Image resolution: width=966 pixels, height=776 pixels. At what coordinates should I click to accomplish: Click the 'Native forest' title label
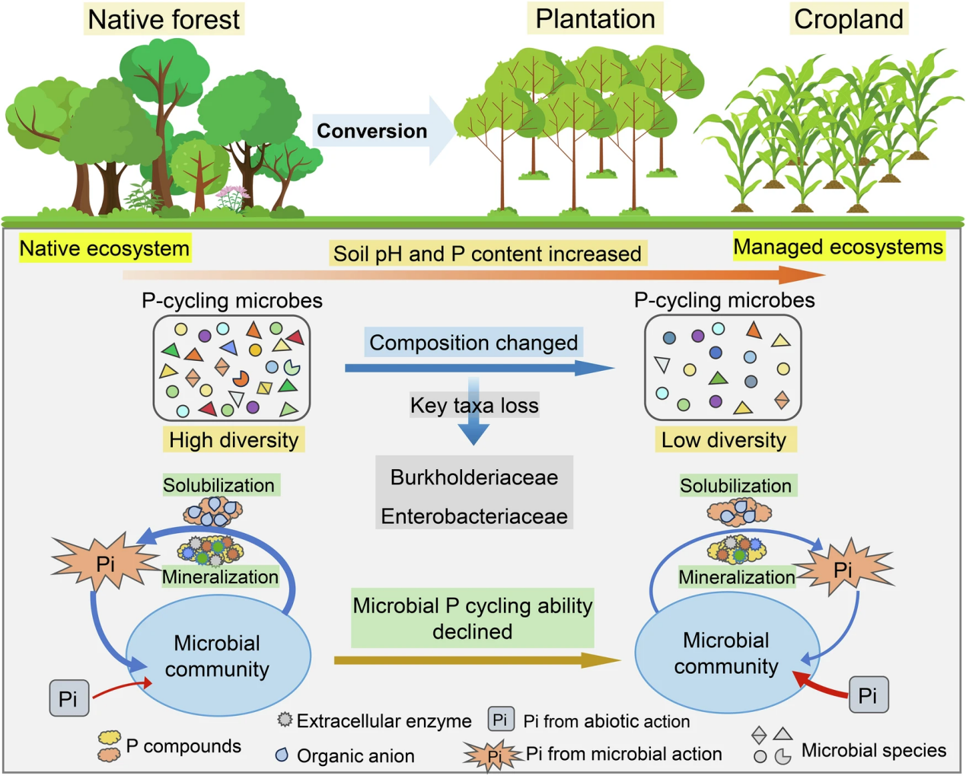click(x=164, y=20)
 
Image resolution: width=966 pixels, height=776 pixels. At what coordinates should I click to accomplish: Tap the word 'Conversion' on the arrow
click(x=371, y=131)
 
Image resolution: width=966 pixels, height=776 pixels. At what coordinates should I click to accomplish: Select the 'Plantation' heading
click(x=595, y=19)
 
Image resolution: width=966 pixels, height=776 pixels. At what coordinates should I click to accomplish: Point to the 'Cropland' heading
click(x=848, y=19)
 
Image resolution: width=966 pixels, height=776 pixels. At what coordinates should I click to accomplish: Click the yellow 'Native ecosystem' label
click(x=104, y=248)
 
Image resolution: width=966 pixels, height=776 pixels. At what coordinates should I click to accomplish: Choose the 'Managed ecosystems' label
click(x=838, y=247)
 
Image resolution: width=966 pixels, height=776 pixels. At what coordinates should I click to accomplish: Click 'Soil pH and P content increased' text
click(x=487, y=254)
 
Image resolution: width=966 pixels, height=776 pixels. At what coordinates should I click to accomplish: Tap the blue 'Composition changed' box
click(x=473, y=343)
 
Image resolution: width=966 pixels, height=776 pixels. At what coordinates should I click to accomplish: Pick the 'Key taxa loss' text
click(x=474, y=405)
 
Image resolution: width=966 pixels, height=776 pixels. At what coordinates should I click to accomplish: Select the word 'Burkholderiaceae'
click(x=474, y=477)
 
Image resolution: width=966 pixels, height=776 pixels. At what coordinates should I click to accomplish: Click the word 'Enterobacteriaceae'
click(x=474, y=516)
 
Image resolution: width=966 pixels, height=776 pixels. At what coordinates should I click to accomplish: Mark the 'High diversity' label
click(x=234, y=439)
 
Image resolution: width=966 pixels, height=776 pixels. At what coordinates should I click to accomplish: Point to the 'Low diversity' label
click(x=724, y=439)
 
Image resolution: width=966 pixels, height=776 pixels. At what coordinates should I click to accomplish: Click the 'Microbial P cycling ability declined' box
click(x=472, y=618)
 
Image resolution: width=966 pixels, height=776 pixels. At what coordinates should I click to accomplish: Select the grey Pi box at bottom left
click(x=69, y=698)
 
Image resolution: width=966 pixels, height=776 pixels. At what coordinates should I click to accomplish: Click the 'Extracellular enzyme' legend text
click(x=384, y=720)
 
